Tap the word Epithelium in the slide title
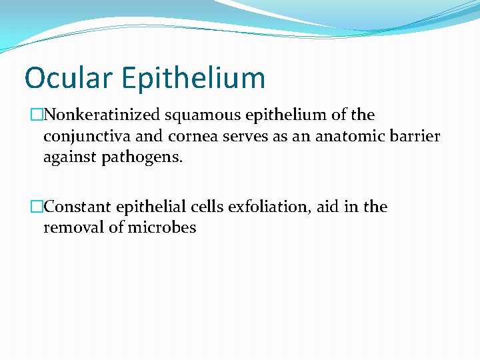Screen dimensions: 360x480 (x=193, y=78)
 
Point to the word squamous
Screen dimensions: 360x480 (x=202, y=116)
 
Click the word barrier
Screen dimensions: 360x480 (x=413, y=136)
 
